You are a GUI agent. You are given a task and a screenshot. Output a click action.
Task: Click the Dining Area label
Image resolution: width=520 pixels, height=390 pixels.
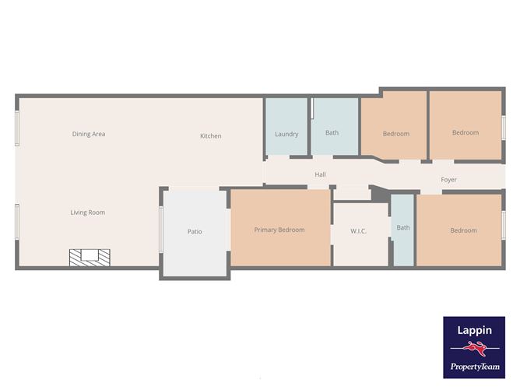click(x=89, y=134)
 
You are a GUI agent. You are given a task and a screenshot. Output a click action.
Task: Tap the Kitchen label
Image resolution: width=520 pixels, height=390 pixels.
click(x=211, y=136)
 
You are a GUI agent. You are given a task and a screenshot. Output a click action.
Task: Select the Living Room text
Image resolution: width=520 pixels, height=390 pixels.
click(x=88, y=213)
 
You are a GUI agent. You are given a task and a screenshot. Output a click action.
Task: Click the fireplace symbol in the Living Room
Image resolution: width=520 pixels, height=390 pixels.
click(x=90, y=257)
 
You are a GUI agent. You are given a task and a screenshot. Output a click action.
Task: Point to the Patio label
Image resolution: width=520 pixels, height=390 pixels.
click(x=195, y=231)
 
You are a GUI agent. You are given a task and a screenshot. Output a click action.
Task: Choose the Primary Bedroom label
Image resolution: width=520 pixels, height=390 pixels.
click(x=279, y=230)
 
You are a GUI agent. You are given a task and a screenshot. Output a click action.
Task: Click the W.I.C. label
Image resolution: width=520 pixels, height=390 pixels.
click(x=359, y=230)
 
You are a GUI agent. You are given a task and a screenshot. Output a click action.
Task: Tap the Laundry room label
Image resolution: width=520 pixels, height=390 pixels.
click(x=286, y=134)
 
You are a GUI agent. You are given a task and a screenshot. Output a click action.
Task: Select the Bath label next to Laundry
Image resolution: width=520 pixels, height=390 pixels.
click(x=332, y=132)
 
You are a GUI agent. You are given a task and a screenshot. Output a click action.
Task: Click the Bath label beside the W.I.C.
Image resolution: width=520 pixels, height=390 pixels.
click(x=403, y=228)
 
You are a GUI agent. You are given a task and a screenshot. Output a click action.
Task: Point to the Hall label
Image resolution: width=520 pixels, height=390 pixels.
click(x=320, y=175)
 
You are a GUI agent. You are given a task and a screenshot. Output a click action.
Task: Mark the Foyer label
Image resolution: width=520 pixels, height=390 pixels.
click(x=449, y=180)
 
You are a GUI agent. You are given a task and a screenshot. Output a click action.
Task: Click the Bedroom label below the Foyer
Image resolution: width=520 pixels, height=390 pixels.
click(x=463, y=230)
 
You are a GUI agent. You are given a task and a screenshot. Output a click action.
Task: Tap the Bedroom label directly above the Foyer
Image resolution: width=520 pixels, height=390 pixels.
click(x=466, y=132)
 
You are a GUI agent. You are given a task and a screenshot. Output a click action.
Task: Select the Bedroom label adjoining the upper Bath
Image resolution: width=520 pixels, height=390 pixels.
click(x=396, y=134)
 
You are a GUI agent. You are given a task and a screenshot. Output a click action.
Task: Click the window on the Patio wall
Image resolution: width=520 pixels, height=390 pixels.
click(x=161, y=230)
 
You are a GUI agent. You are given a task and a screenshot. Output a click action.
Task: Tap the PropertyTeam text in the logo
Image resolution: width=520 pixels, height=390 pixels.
click(x=475, y=367)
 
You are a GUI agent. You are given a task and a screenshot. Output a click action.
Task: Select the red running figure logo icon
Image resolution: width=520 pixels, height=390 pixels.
click(x=475, y=349)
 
